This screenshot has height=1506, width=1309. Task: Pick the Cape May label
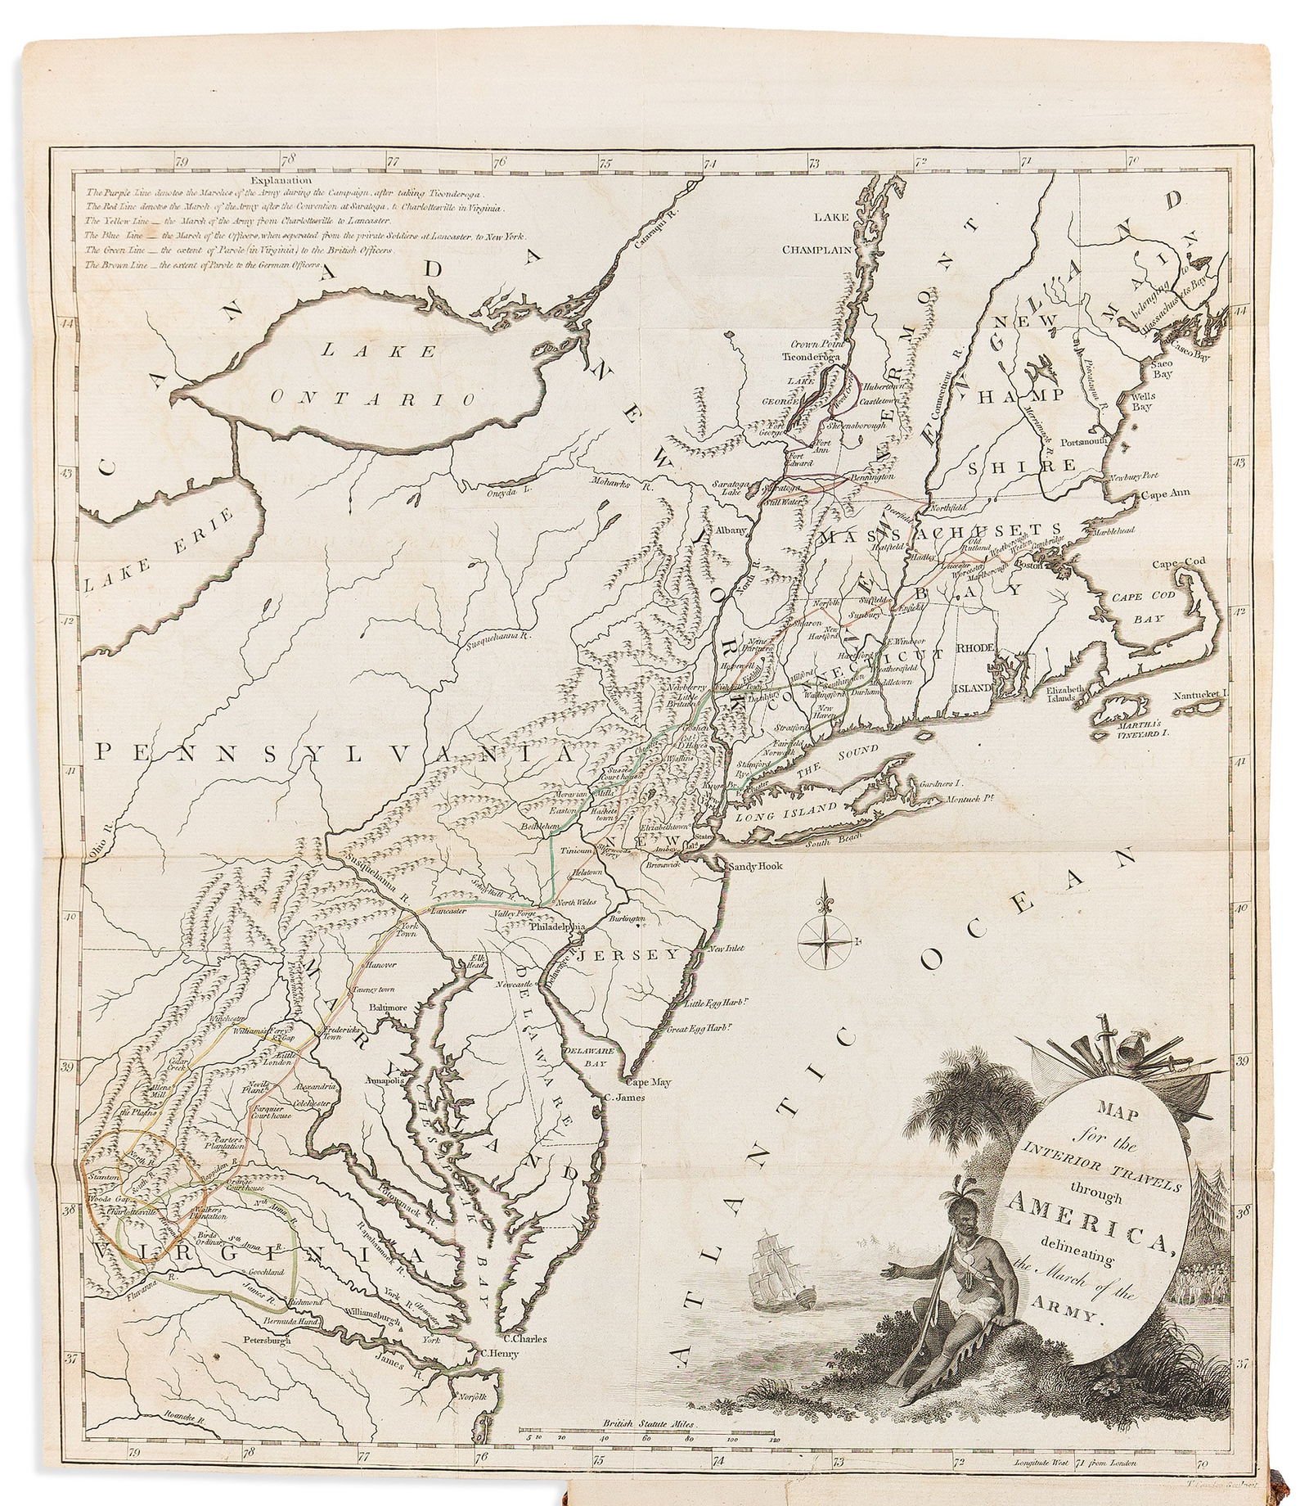[650, 1082]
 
